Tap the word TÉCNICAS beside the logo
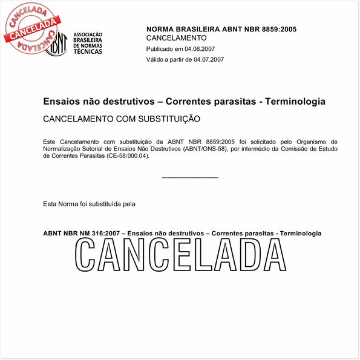coord(88,52)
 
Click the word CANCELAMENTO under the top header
coord(177,38)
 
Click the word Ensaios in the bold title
coord(62,102)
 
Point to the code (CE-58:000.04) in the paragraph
coord(127,155)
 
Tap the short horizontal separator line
coord(190,178)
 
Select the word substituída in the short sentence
coord(101,204)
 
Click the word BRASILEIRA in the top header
coord(201,29)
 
